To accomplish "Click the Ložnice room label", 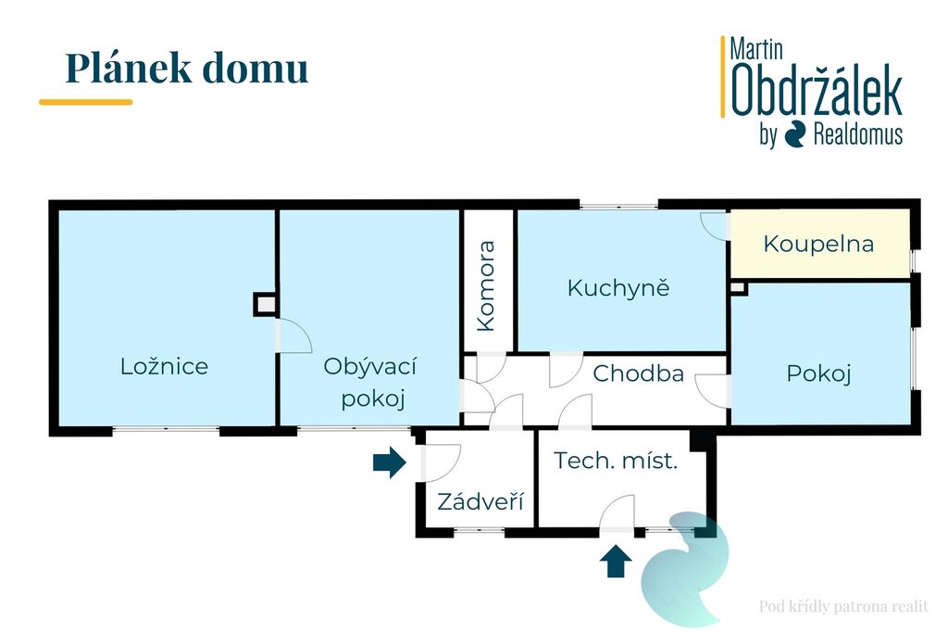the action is [164, 366].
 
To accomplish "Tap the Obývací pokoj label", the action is [370, 382].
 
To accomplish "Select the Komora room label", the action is [486, 286].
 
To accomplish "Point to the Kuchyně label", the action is [618, 288].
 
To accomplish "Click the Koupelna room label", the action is [818, 244].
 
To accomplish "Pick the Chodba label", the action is [639, 373].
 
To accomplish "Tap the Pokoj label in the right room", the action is [818, 373].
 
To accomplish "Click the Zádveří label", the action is [480, 501].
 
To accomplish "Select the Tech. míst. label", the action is [616, 461].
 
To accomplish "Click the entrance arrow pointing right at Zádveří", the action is [390, 462].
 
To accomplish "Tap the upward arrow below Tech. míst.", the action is [616, 562].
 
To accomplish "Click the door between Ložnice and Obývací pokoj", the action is [293, 336].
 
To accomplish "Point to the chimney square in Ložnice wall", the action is [265, 305].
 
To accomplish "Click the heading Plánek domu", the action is [187, 68].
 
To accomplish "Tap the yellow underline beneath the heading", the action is [86, 102].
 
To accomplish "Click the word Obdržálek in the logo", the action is [817, 91].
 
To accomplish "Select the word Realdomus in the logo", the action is [858, 133].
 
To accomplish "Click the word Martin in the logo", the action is [756, 49].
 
